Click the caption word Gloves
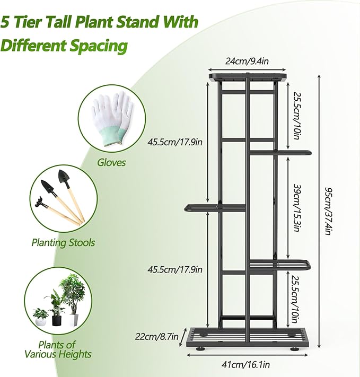[x=111, y=162]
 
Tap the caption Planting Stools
[x=63, y=242]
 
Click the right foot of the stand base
[x=293, y=349]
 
